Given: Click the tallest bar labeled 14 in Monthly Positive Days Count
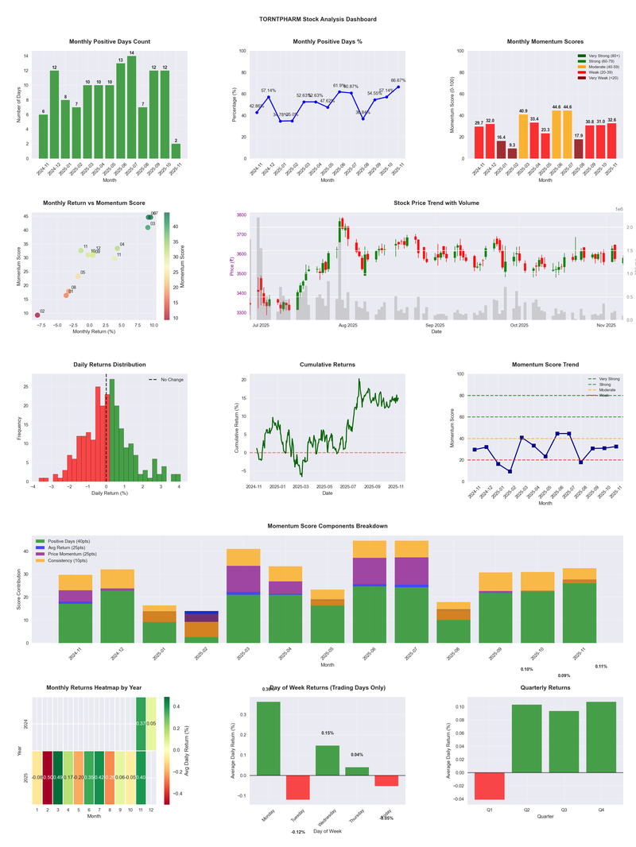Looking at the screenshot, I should [131, 107].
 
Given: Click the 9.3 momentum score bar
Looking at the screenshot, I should [512, 153].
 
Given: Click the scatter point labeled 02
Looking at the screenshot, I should [37, 315].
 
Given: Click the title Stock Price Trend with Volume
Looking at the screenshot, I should [436, 203].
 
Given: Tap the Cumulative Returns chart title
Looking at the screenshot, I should [328, 365].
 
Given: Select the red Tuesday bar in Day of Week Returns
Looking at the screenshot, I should [299, 787].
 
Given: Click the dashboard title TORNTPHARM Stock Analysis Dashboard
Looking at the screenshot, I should [318, 19].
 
